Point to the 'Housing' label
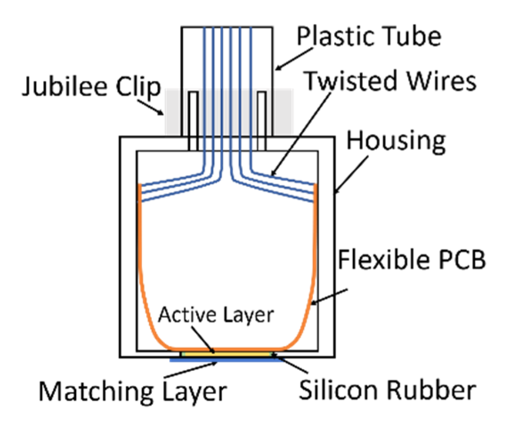click(396, 141)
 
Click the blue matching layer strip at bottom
click(227, 360)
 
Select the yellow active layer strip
click(227, 354)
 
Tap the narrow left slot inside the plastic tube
click(193, 120)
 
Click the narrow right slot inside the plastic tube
click(262, 120)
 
